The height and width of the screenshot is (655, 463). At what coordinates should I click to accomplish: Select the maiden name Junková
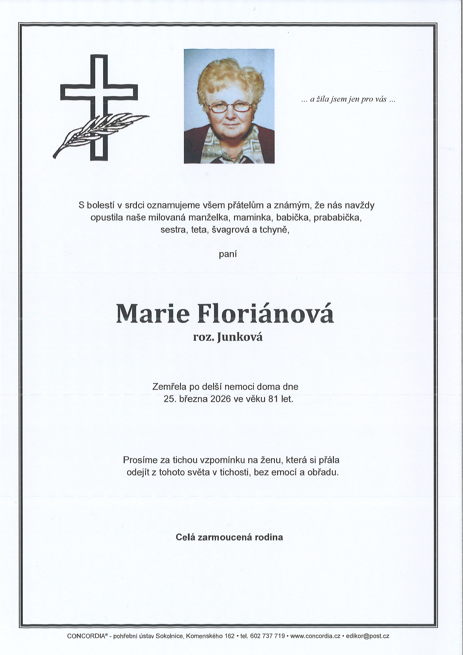tap(240, 337)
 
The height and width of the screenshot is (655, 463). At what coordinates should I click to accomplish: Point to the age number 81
tap(273, 399)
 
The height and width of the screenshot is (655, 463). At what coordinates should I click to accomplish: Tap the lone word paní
tap(228, 254)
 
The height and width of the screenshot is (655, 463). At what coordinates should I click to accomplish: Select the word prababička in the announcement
tap(338, 218)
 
